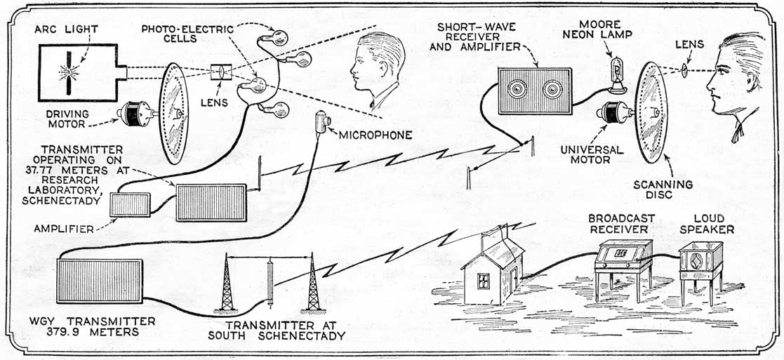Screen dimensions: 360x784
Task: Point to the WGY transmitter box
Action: click(99, 281)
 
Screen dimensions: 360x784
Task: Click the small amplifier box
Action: click(129, 204)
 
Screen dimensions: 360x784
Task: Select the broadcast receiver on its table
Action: click(623, 255)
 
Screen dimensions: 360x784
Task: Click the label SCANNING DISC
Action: click(672, 190)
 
